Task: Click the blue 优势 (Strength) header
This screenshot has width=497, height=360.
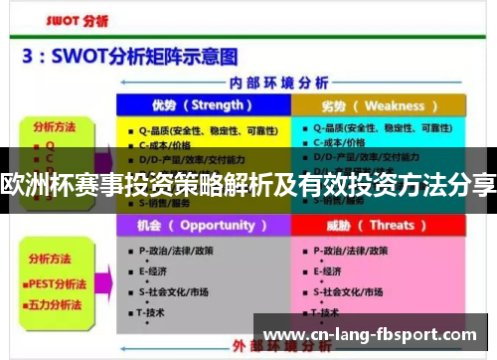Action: [x=203, y=105]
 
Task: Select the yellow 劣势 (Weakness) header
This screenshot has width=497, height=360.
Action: [x=379, y=105]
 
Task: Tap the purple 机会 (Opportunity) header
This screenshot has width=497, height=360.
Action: [x=203, y=226]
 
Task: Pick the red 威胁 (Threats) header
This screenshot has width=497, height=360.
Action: [x=379, y=226]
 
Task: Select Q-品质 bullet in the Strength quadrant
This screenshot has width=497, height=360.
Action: [x=195, y=128]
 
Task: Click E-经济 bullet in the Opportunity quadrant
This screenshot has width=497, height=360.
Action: [x=153, y=270]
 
